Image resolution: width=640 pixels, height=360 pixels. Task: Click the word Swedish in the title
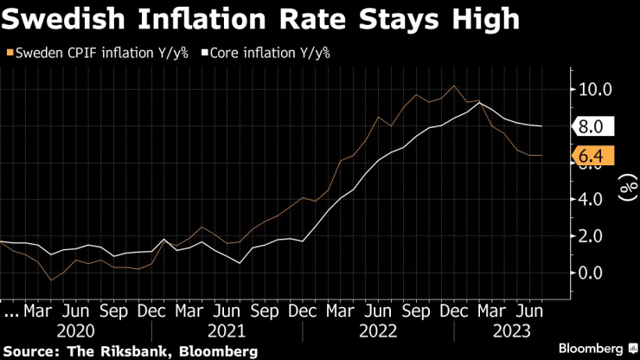66,20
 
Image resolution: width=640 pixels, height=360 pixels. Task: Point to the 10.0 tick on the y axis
595,89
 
